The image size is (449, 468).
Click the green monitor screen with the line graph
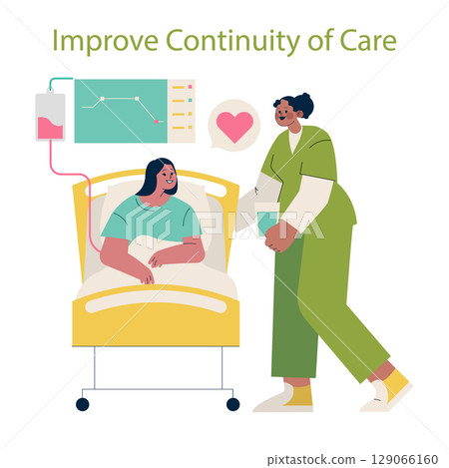pos(120,110)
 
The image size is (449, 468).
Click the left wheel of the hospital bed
pos(82,403)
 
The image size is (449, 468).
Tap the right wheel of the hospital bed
pos(232,403)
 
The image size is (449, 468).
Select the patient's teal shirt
pos(150,219)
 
